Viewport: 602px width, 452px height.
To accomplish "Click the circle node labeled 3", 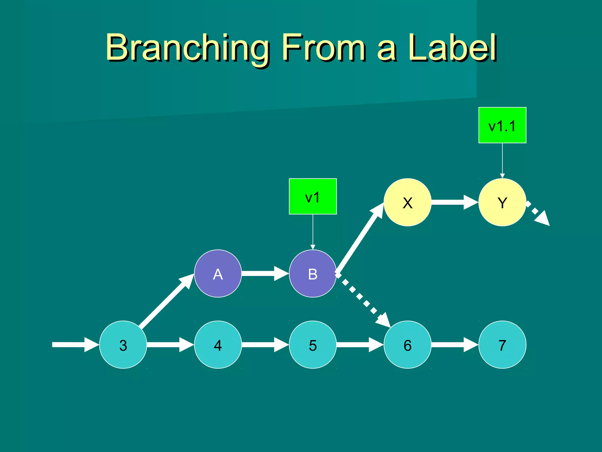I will (x=123, y=345).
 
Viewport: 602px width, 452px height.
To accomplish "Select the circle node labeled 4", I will (x=218, y=345).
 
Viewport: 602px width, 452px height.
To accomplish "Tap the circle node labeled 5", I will (x=313, y=345).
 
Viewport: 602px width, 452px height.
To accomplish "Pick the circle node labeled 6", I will (x=407, y=345).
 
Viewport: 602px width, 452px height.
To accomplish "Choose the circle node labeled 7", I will (x=502, y=345).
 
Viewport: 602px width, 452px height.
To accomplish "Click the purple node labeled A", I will (x=218, y=274).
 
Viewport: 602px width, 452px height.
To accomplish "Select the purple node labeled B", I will (x=313, y=274).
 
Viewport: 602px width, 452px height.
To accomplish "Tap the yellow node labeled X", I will (x=407, y=202).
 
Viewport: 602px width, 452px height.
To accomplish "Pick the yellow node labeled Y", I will (x=502, y=202).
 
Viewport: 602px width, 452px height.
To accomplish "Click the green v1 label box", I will (x=313, y=196).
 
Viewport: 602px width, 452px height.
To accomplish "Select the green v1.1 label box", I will (x=502, y=125).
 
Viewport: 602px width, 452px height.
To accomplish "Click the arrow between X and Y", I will (x=454, y=202).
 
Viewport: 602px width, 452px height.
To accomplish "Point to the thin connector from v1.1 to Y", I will (x=502, y=160).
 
